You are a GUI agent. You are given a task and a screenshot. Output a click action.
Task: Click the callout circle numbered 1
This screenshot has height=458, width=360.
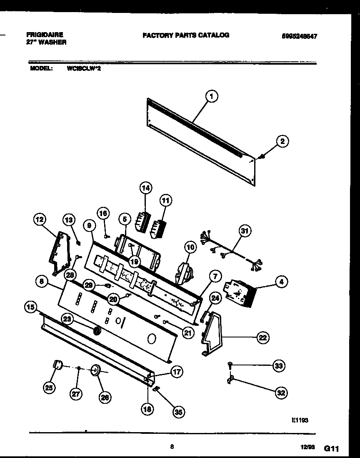211,97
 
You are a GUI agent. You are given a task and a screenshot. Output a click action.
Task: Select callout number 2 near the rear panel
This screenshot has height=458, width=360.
282,141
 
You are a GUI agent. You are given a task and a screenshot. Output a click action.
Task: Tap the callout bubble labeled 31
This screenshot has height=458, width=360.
245,231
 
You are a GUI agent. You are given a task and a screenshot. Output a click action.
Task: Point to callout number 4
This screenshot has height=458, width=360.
282,282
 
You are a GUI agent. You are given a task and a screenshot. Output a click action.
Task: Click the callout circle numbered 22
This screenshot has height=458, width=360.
262,337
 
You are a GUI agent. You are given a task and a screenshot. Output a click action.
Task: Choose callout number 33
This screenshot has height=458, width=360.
278,366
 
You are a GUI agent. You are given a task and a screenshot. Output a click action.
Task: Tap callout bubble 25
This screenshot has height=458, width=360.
49,388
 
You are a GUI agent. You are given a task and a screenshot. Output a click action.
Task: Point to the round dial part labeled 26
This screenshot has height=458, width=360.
95,370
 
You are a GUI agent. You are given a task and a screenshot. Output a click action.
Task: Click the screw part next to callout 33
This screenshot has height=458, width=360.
229,365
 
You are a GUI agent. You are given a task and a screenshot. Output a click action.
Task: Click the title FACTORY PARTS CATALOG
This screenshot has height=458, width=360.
186,35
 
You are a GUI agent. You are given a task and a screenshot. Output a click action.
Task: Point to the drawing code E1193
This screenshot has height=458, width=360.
300,421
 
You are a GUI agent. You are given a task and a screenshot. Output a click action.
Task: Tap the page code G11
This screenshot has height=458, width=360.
332,448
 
